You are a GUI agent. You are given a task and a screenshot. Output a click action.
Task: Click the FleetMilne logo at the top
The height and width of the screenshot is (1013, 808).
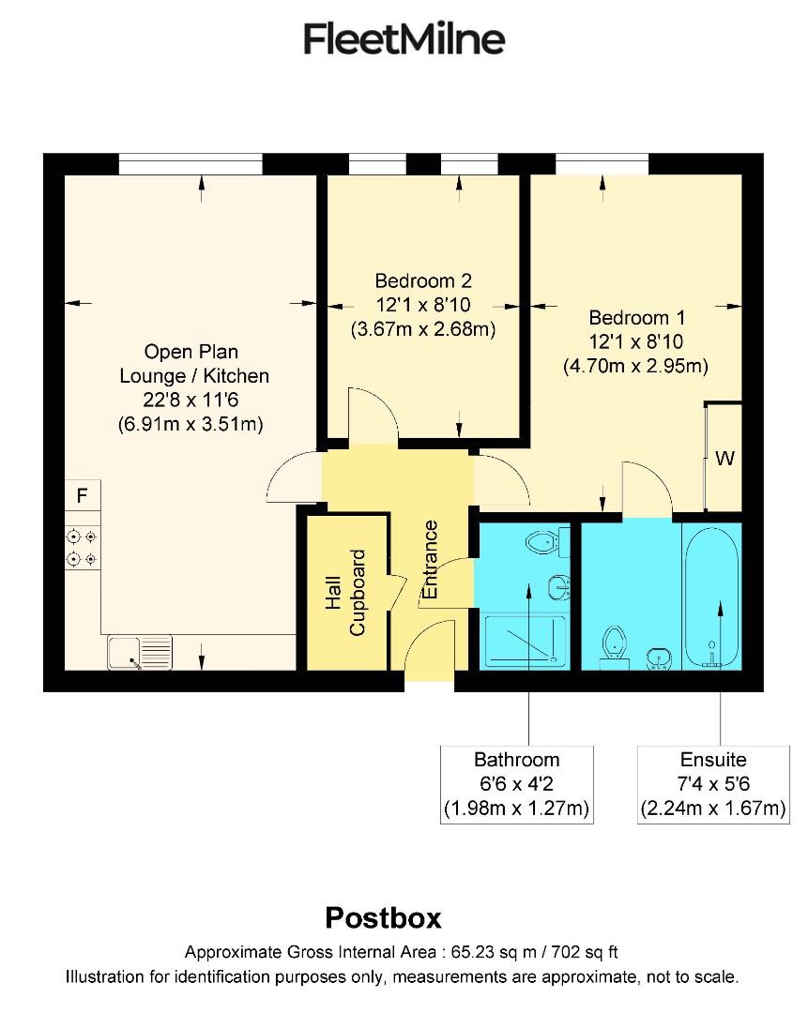tap(404, 39)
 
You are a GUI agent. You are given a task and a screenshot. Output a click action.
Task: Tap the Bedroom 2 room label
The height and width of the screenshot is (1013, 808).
tap(422, 280)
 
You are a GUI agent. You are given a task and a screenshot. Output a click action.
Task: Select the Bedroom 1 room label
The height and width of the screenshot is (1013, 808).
tap(635, 317)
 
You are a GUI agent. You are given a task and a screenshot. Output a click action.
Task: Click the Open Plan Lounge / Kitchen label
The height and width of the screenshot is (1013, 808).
tap(191, 364)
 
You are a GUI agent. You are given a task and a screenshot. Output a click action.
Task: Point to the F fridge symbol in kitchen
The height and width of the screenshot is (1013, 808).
tap(83, 495)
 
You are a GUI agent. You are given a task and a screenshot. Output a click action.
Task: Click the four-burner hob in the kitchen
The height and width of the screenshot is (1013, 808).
tap(82, 548)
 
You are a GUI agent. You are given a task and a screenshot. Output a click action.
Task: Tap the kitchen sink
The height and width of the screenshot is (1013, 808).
tap(139, 652)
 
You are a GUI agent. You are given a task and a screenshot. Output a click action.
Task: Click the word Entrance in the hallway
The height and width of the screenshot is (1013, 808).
tap(431, 560)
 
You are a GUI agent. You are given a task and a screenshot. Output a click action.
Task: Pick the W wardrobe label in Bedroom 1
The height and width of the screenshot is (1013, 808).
tap(724, 460)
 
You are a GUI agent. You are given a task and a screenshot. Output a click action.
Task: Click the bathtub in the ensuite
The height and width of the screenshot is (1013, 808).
tap(712, 597)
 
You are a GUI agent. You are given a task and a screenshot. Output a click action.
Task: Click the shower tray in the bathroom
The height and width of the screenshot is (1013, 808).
tap(525, 643)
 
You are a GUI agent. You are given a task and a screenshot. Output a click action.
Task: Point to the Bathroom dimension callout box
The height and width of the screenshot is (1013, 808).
tap(517, 784)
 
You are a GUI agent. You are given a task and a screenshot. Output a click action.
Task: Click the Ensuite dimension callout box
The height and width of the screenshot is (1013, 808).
tap(713, 784)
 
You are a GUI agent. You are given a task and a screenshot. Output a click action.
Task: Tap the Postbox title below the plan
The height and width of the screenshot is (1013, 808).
tap(383, 916)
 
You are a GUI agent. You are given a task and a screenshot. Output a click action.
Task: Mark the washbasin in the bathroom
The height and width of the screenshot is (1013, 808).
tap(557, 588)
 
